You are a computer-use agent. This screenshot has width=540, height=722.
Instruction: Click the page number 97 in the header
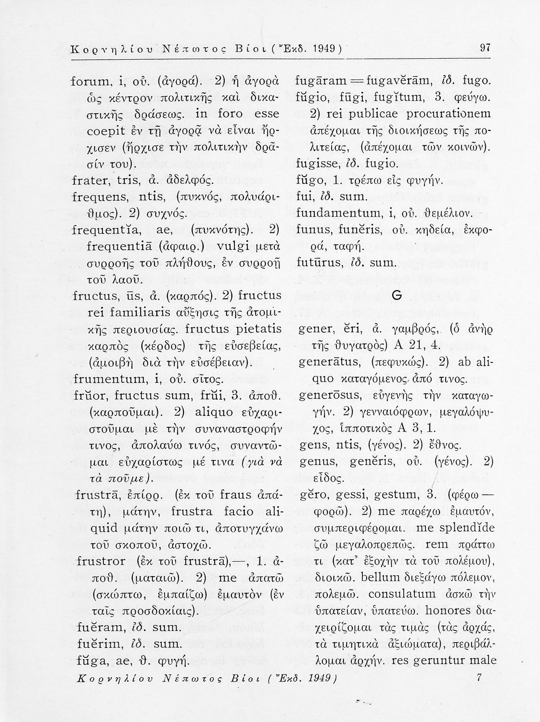(485, 48)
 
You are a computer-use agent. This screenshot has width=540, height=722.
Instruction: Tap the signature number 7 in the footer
(478, 678)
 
